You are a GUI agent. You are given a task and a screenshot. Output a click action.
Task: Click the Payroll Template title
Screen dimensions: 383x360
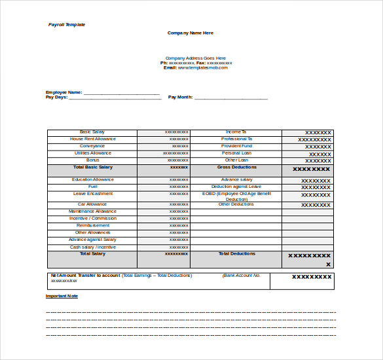pos(67,25)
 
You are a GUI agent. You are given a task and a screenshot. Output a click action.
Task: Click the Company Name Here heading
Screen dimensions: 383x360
pos(191,33)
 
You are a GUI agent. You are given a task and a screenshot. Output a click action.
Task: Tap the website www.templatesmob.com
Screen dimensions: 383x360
pos(203,67)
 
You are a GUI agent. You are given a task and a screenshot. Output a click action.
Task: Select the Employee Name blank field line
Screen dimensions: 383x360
pos(121,93)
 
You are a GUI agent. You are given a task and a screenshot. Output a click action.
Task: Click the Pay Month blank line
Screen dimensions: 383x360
pos(231,98)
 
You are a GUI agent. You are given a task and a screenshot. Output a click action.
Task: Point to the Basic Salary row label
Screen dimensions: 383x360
pos(92,132)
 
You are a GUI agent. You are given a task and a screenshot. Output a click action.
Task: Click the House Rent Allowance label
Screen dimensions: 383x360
pos(92,139)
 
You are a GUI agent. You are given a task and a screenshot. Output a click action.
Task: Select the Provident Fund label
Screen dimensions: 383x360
pos(236,146)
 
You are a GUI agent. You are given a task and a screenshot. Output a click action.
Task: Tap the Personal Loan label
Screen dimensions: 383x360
pos(236,153)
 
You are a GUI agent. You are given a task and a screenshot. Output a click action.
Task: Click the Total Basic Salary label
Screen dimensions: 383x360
pos(92,167)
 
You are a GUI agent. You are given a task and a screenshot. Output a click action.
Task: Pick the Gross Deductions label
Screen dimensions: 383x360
pos(236,167)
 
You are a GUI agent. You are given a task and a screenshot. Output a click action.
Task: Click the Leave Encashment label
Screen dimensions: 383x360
pos(92,194)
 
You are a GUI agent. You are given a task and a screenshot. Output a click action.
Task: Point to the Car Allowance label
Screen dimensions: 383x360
pos(92,204)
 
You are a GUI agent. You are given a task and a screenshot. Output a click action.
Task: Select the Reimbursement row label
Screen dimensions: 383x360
pos(92,225)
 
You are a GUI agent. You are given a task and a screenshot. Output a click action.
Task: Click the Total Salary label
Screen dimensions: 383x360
pos(92,254)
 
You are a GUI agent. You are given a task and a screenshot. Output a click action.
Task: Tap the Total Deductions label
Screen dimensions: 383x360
pos(236,254)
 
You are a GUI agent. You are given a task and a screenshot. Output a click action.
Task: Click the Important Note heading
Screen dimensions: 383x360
pos(62,296)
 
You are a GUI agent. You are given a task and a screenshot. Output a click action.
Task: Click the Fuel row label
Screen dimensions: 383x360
pos(92,187)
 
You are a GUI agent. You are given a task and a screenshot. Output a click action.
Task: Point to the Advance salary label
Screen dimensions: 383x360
pos(236,179)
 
